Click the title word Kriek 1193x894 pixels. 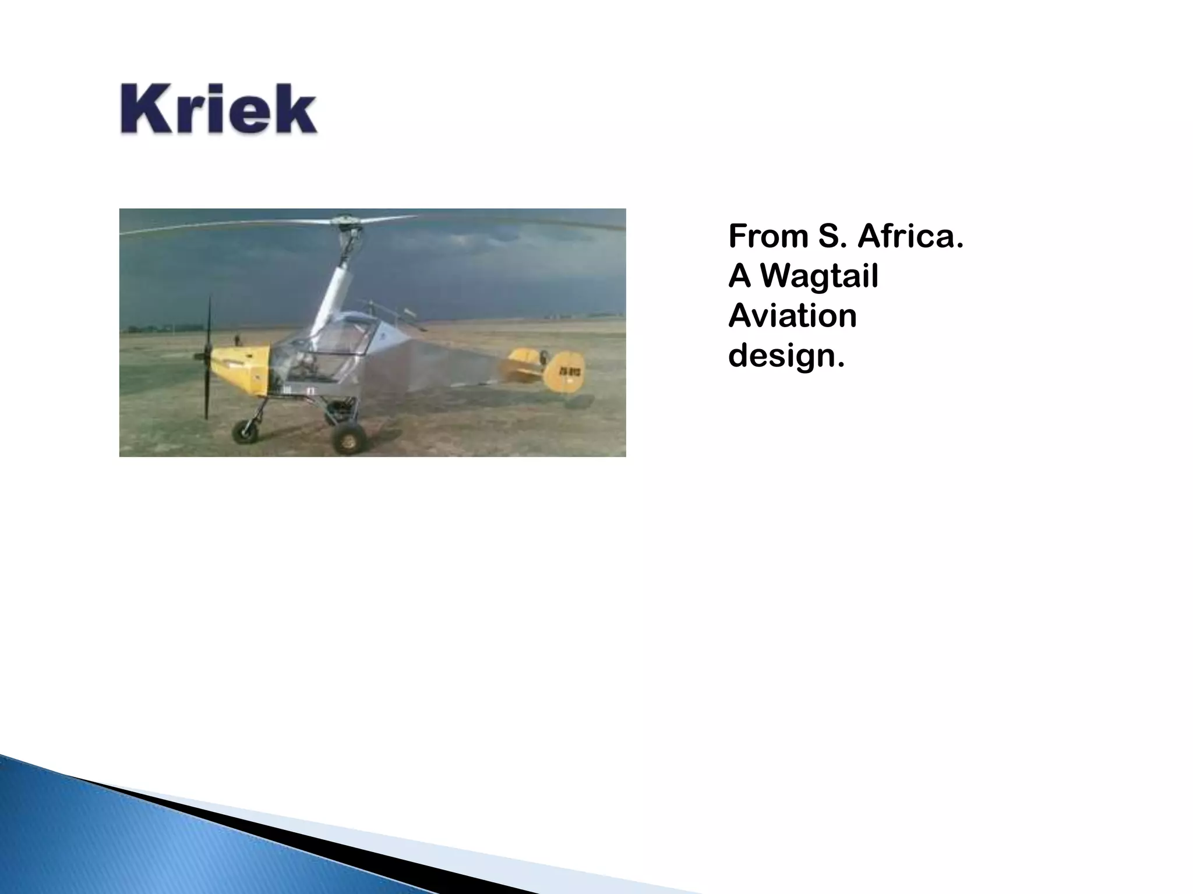coord(218,110)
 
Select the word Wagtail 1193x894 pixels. coord(820,276)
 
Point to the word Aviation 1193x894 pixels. coord(792,316)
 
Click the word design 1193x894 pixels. coord(786,356)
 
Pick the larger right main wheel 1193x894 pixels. coord(348,438)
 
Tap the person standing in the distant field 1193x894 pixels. coord(237,339)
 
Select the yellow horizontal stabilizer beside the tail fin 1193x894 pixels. coord(522,365)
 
